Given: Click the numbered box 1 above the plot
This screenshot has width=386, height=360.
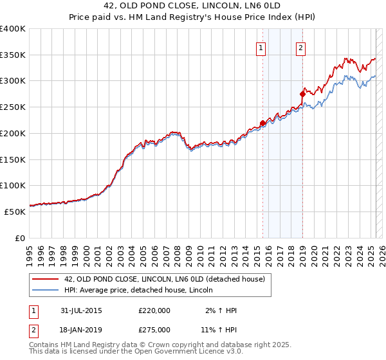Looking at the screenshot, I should [x=261, y=47].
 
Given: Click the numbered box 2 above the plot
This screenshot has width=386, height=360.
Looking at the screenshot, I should [x=300, y=47].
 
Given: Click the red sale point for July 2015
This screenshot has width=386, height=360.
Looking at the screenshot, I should [x=262, y=123].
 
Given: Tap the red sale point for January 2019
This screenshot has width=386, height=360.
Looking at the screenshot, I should [x=302, y=94].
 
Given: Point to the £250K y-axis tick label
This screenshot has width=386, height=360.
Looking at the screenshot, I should [x=13, y=107].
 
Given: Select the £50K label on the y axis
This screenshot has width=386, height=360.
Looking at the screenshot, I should [x=15, y=212].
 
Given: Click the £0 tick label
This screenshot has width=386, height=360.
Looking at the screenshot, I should [x=20, y=238].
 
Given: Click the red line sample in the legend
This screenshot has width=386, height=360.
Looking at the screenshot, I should [x=46, y=279].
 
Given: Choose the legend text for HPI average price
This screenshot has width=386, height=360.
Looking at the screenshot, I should [x=139, y=291].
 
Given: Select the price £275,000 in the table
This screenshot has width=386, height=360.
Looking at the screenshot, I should [x=154, y=329].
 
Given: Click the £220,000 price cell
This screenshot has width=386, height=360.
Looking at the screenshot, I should [x=154, y=310].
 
